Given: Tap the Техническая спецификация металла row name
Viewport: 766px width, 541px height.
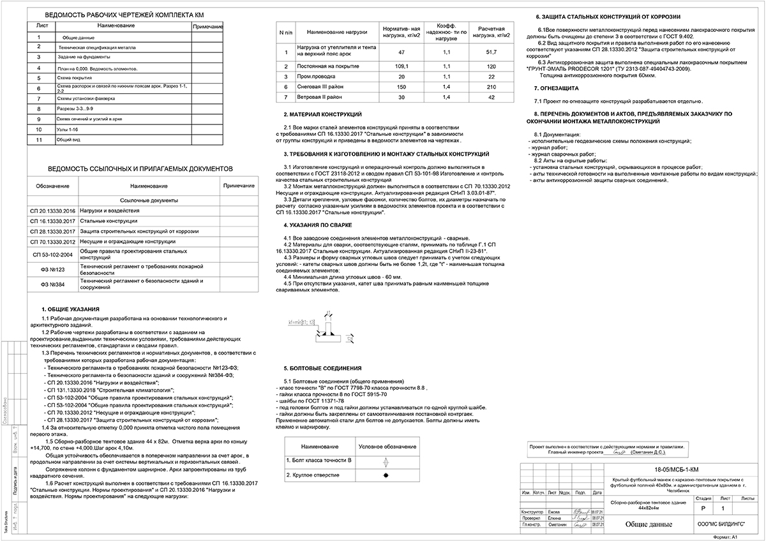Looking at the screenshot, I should click(x=96, y=47).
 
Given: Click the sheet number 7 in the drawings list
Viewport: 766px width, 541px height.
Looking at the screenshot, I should click(x=39, y=99).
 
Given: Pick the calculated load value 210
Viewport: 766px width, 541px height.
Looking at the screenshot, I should click(x=491, y=85).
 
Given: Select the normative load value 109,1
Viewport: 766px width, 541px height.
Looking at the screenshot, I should click(x=402, y=66).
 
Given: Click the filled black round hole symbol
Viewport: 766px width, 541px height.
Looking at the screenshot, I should click(x=386, y=475).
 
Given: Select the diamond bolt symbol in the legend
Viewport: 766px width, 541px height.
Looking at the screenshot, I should click(x=386, y=460).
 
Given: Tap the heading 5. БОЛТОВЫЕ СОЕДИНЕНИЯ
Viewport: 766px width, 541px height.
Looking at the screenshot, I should click(x=322, y=368).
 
